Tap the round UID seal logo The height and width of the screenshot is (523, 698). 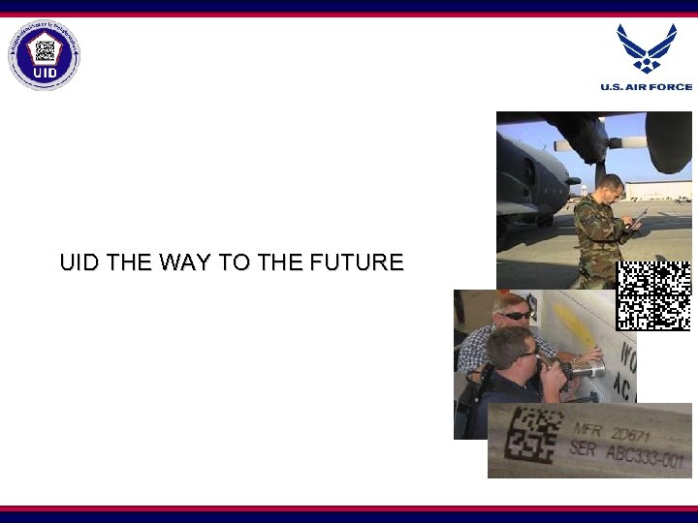45,55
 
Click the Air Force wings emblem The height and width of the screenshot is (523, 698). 647,47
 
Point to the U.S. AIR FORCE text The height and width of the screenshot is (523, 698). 647,87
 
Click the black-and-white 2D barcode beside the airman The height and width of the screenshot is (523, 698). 653,295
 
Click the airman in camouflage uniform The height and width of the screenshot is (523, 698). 602,228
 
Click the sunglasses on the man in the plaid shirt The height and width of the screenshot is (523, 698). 515,315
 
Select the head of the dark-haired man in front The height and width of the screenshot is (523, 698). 510,347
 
